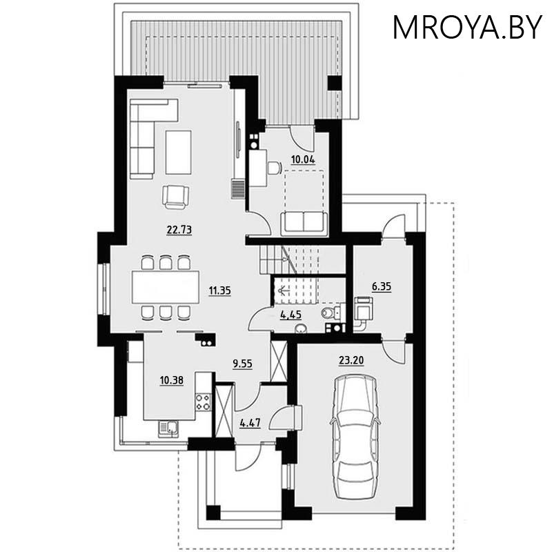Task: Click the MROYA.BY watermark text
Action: [x=467, y=27]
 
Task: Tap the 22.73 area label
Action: [x=179, y=230]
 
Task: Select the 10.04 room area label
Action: [x=303, y=159]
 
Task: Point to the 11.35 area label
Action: [x=219, y=290]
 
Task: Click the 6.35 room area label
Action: [x=382, y=286]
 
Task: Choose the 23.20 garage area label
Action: [x=351, y=360]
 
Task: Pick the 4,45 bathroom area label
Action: [x=290, y=315]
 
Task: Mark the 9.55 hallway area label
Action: [x=243, y=364]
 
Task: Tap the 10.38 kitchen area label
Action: [x=171, y=380]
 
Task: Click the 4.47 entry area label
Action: [x=250, y=422]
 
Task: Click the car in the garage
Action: [x=355, y=437]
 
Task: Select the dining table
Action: [x=166, y=287]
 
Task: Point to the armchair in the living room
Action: [x=175, y=197]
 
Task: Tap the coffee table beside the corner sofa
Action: [x=179, y=152]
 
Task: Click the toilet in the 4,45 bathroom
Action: [x=331, y=312]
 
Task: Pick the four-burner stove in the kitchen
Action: [x=203, y=402]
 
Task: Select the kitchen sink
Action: [x=168, y=429]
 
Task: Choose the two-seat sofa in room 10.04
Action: [x=304, y=223]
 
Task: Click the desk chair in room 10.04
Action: [x=274, y=168]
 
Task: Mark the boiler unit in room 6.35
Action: [x=363, y=309]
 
